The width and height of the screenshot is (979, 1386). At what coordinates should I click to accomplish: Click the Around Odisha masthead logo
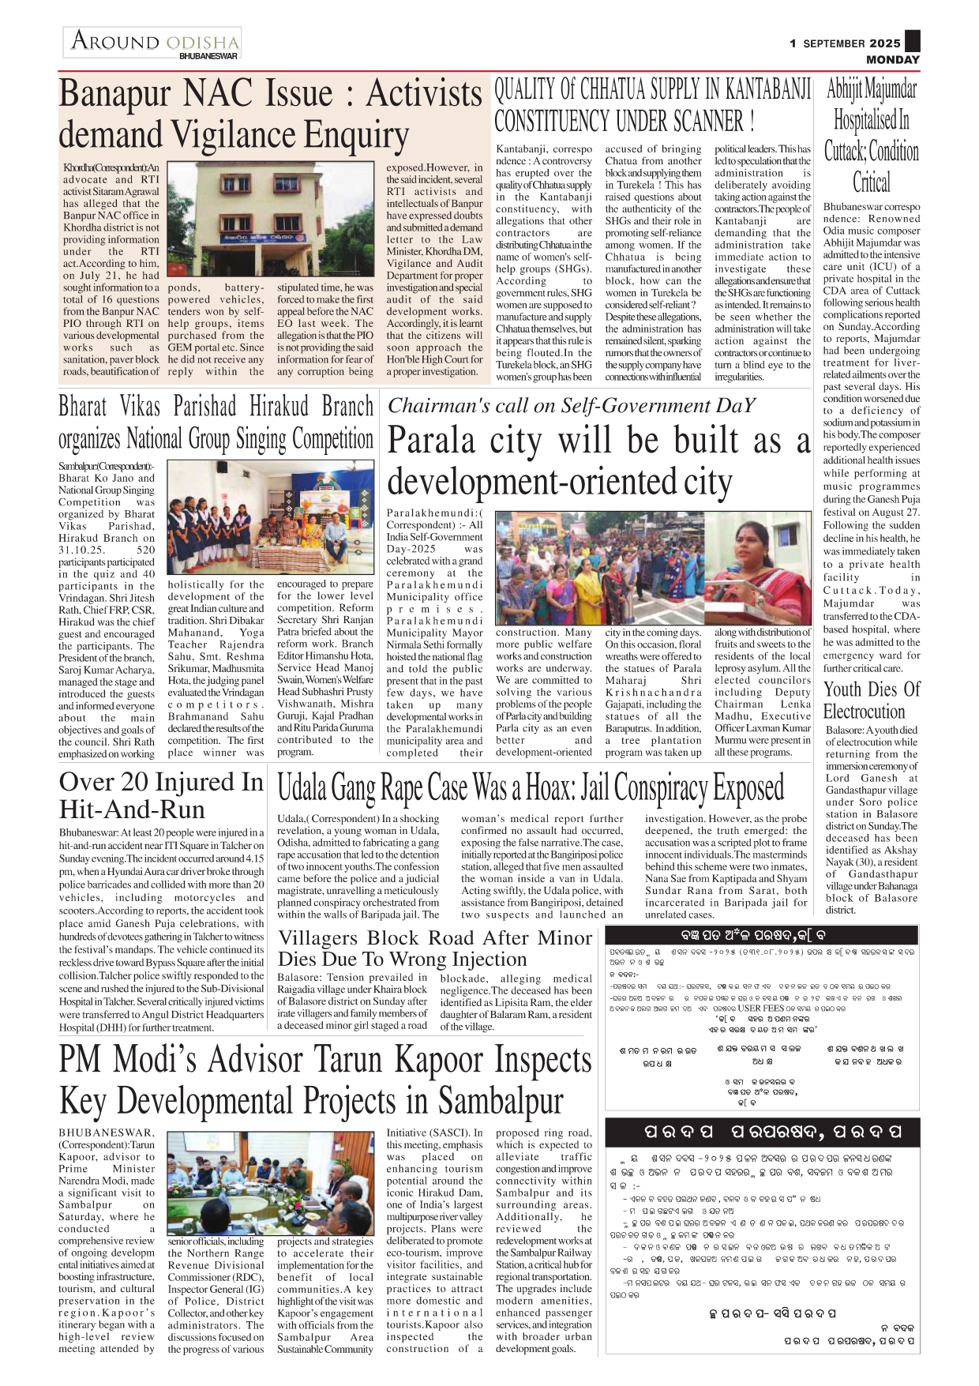152,43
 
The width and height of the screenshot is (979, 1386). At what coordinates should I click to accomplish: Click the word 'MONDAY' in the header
892,60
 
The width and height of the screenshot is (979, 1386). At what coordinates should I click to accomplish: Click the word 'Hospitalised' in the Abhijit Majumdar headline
872,120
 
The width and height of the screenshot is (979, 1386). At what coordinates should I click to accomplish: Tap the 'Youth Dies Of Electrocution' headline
872,700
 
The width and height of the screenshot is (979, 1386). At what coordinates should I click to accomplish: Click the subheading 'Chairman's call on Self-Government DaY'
571,406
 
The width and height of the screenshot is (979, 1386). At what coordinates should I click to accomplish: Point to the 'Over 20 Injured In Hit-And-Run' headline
161,794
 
